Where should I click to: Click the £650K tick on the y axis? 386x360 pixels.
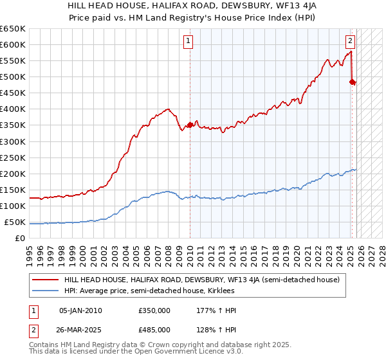13,29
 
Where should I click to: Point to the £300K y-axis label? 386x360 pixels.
13,141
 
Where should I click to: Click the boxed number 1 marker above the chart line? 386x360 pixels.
188,42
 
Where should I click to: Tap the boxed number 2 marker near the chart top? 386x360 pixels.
350,42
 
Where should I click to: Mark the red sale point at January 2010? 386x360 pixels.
190,125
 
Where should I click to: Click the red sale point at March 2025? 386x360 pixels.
352,82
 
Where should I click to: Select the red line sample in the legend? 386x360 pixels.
45,280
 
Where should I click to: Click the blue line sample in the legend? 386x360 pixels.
45,291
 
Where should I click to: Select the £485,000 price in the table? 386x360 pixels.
154,328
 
